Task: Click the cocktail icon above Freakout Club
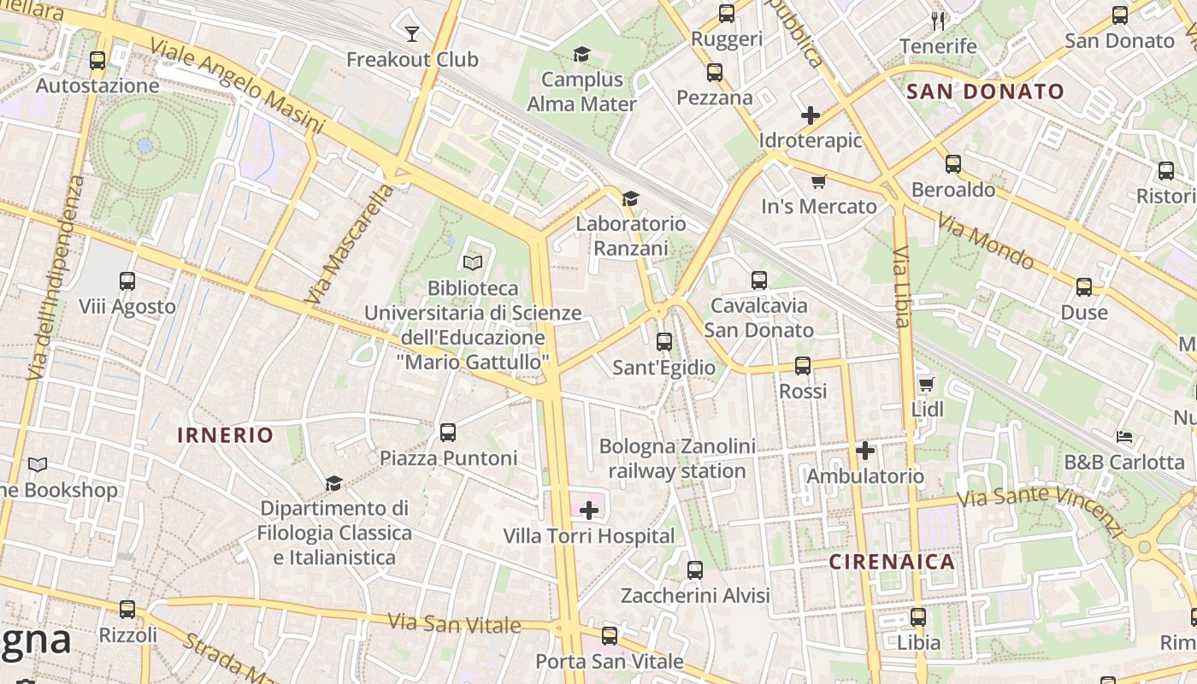pyautogui.click(x=412, y=33)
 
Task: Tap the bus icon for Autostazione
pyautogui.click(x=97, y=60)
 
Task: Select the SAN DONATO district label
pyautogui.click(x=985, y=91)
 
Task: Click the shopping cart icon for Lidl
pyautogui.click(x=926, y=384)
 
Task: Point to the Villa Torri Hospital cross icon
pyautogui.click(x=589, y=510)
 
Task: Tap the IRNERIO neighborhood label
pyautogui.click(x=226, y=435)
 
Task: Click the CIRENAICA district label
pyautogui.click(x=892, y=562)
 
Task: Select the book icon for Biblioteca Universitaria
pyautogui.click(x=473, y=262)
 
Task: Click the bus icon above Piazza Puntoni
pyautogui.click(x=448, y=432)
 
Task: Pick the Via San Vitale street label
pyautogui.click(x=454, y=623)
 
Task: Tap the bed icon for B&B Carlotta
pyautogui.click(x=1124, y=437)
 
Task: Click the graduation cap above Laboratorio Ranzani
pyautogui.click(x=630, y=198)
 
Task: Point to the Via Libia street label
pyautogui.click(x=901, y=286)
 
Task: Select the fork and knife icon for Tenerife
pyautogui.click(x=938, y=20)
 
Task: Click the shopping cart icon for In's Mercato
pyautogui.click(x=818, y=180)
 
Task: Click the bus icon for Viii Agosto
pyautogui.click(x=127, y=280)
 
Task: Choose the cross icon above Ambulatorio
pyautogui.click(x=865, y=450)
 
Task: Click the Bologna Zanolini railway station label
pyautogui.click(x=677, y=458)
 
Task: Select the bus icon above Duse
pyautogui.click(x=1084, y=286)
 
